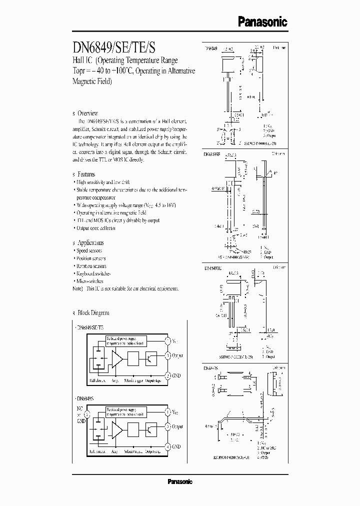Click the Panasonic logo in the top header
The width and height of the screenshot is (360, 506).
tap(262, 21)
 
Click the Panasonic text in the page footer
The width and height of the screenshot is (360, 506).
tap(179, 482)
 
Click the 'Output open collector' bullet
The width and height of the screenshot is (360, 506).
tap(95, 228)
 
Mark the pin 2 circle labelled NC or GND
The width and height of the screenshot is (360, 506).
tap(86, 414)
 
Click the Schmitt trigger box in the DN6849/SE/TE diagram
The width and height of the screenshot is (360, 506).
tap(133, 358)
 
